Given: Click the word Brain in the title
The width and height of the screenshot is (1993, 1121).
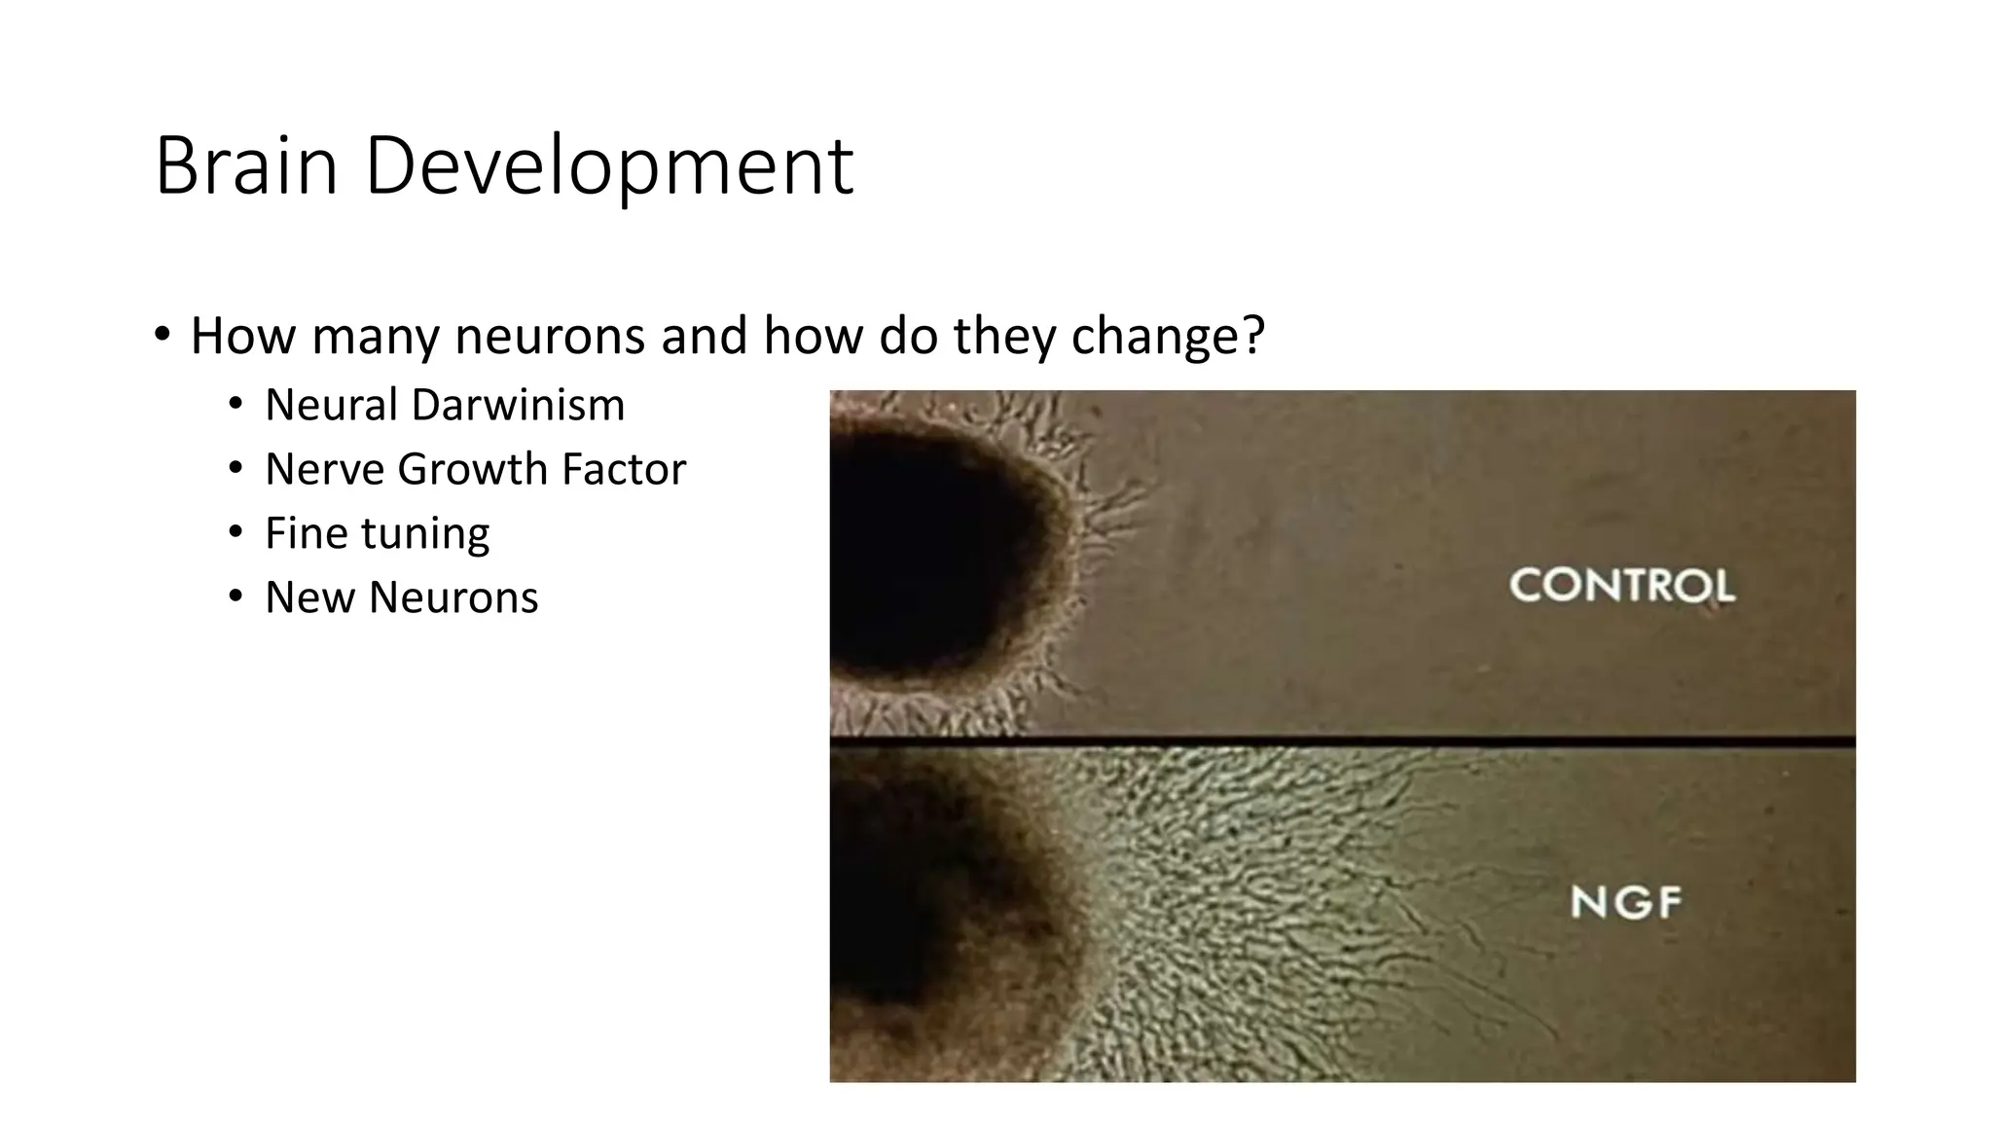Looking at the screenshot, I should [x=245, y=167].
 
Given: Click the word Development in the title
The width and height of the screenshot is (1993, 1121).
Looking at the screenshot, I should [x=609, y=167].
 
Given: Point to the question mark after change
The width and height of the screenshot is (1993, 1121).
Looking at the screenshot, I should [x=1253, y=336].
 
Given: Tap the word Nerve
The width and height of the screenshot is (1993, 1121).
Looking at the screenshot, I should [x=324, y=470].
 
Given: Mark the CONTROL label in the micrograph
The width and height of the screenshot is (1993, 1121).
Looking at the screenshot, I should [x=1621, y=586].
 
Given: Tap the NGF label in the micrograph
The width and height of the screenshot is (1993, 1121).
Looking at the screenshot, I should [x=1625, y=903].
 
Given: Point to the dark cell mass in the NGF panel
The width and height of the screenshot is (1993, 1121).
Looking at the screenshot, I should [x=905, y=905].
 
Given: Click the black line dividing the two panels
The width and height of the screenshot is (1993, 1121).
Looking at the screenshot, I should [x=1343, y=742].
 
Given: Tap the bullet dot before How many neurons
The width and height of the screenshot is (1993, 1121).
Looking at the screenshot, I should [x=162, y=335].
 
